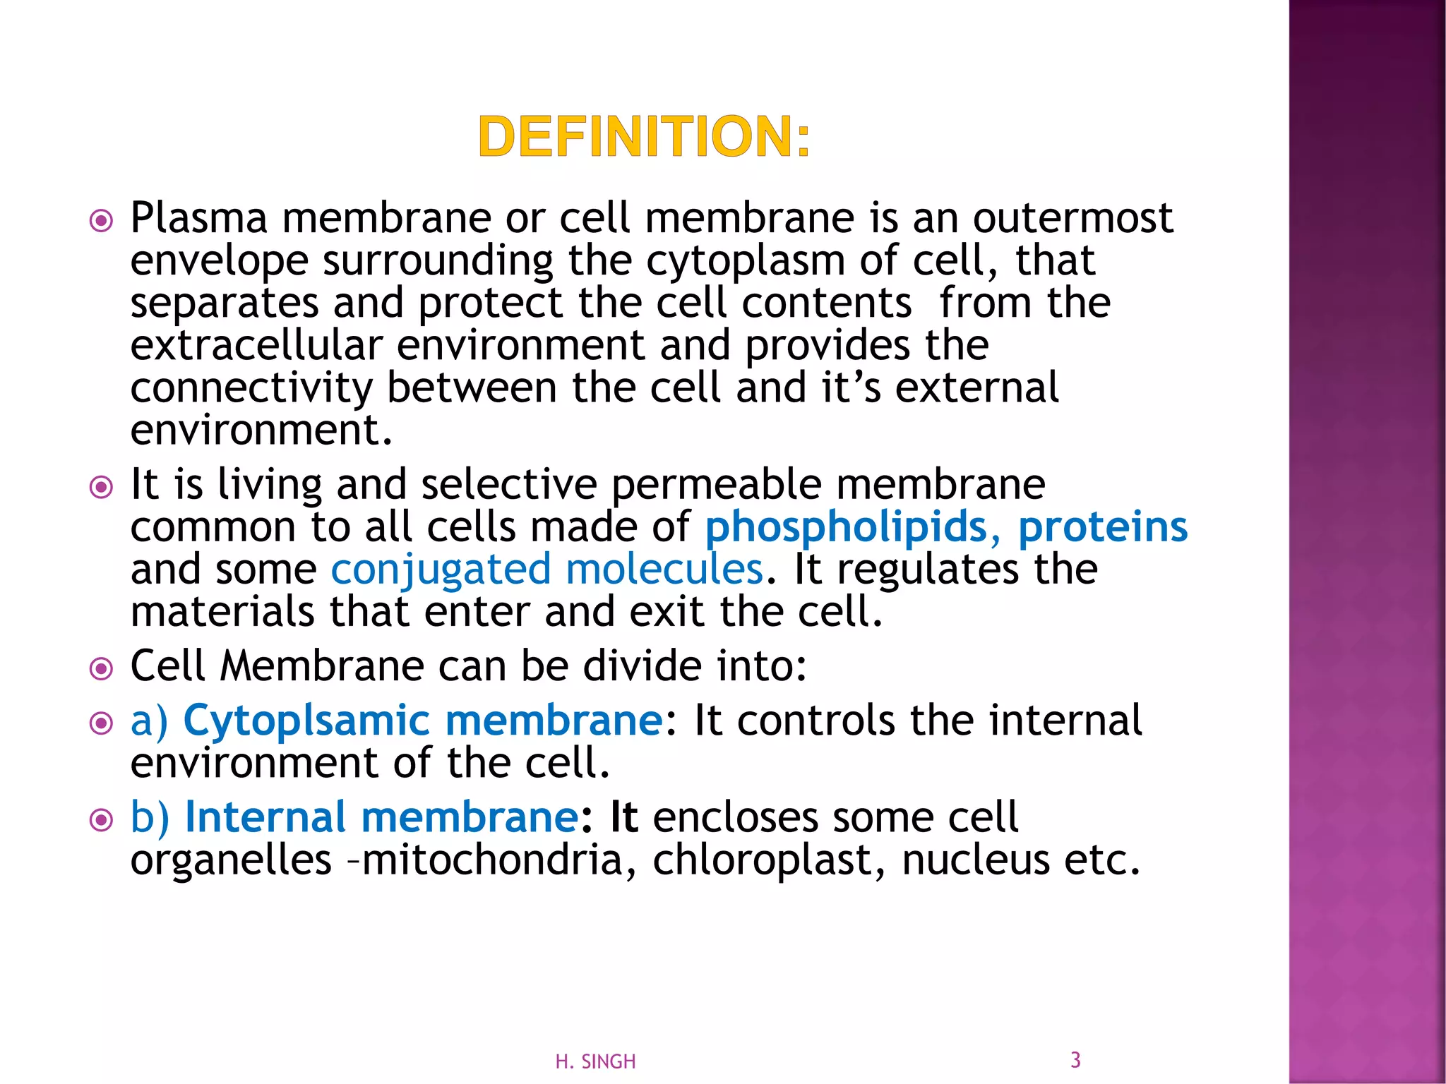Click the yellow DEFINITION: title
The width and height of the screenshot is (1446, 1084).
click(644, 137)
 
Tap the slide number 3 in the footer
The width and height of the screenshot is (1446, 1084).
click(1075, 1059)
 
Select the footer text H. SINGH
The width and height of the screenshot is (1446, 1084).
click(595, 1061)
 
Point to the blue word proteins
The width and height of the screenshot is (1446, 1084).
click(1103, 528)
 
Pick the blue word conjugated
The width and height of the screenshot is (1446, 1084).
click(441, 570)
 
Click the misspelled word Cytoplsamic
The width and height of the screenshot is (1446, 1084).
click(306, 721)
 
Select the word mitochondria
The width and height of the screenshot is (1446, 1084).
click(492, 860)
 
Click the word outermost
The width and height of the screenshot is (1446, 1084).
click(1073, 218)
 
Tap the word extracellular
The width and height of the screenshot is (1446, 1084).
click(257, 346)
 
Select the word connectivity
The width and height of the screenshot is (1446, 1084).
click(251, 388)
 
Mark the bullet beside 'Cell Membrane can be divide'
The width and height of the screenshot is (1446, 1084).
click(102, 668)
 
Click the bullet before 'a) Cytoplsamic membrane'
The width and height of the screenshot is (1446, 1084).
click(102, 723)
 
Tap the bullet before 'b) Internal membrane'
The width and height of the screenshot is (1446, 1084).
click(102, 820)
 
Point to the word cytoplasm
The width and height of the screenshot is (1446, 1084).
click(746, 261)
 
